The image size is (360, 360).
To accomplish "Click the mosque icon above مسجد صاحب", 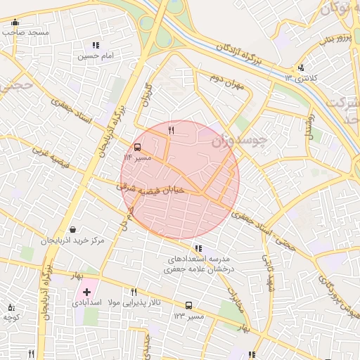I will click(15, 22).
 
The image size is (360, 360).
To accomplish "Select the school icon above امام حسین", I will click(96, 45).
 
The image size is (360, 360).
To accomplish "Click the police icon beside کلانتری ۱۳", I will click(301, 68).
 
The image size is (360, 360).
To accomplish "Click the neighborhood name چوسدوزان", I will click(240, 140).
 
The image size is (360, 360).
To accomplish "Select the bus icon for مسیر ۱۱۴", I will click(137, 148).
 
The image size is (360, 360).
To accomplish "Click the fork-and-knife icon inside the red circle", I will click(171, 131).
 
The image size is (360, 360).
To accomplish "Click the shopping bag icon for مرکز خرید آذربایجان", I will click(74, 230).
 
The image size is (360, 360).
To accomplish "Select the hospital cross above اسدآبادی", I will click(86, 291).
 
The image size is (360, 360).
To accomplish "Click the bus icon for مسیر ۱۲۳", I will click(188, 305).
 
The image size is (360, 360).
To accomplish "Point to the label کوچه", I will click(11, 318).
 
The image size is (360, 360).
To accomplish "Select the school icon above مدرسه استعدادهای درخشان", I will click(198, 248).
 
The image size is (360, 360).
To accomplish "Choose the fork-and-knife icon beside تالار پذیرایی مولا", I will click(134, 292).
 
